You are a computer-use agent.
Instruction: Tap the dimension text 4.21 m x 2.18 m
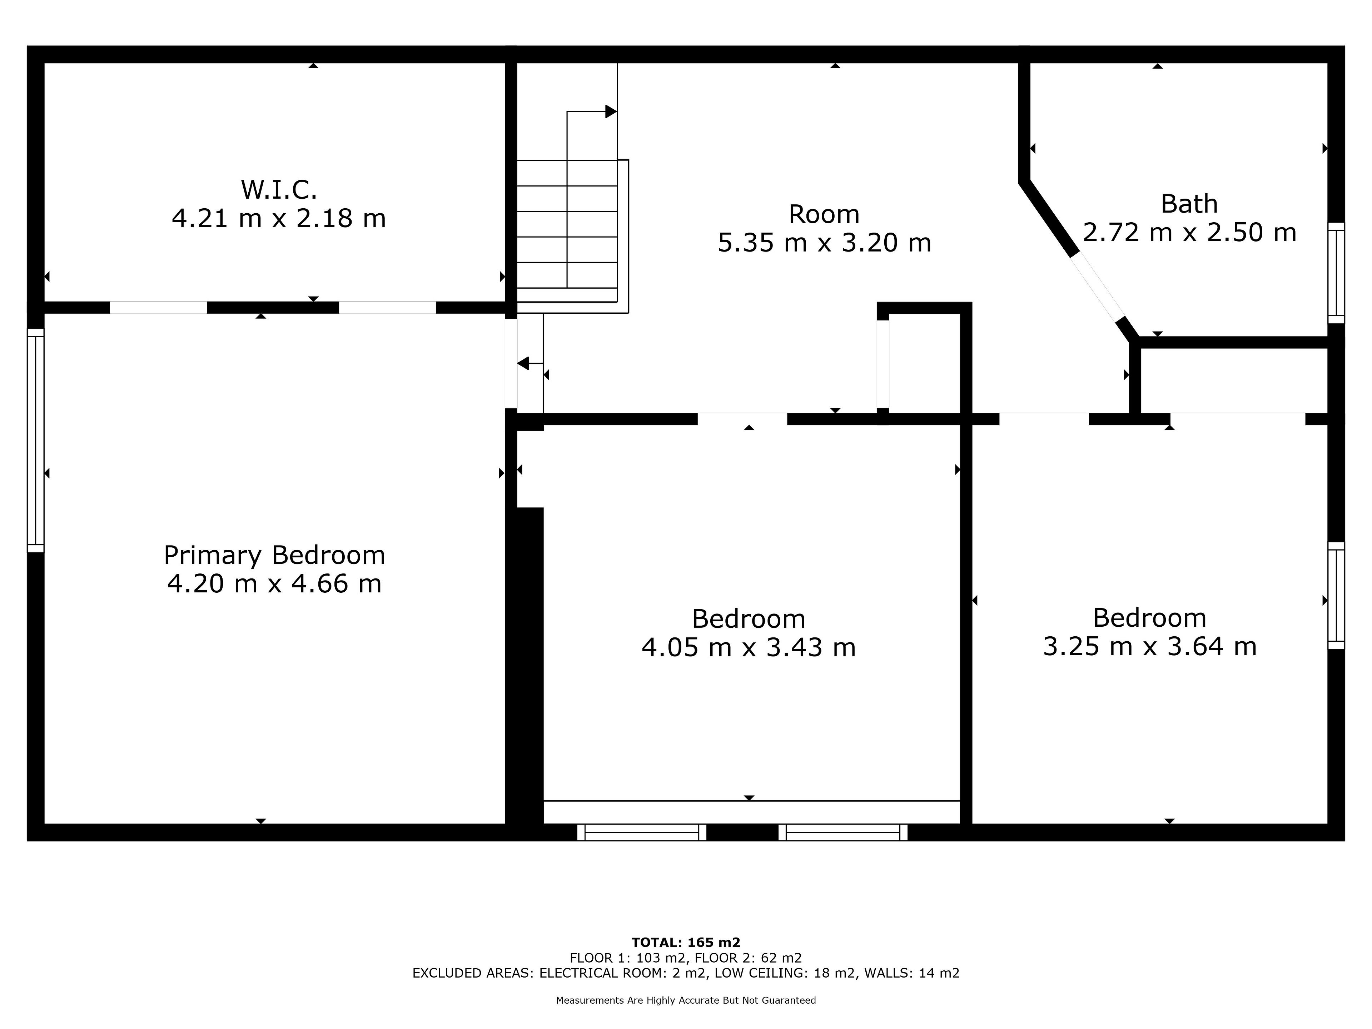coord(279,218)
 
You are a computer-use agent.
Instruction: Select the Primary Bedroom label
coord(274,555)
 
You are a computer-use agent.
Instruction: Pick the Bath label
coord(1189,204)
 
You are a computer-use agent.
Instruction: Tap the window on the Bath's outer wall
coord(1336,273)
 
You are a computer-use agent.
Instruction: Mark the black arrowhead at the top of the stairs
coord(611,111)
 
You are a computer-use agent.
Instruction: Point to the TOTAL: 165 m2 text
coord(686,943)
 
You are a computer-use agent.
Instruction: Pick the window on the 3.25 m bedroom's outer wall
coord(1336,596)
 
